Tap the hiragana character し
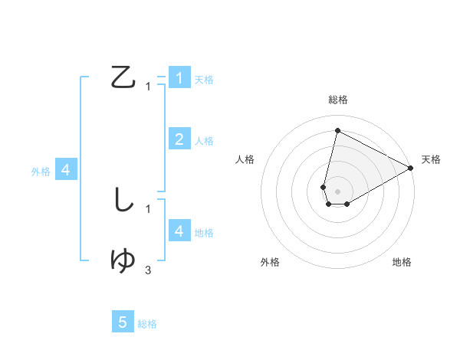click(x=123, y=200)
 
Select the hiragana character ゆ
click(x=123, y=260)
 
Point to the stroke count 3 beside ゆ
click(x=148, y=270)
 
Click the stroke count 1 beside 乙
click(x=148, y=87)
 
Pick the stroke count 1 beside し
click(x=148, y=208)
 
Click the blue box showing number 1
click(x=179, y=77)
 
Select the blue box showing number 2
click(x=179, y=139)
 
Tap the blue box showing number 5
click(x=123, y=322)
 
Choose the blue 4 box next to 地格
click(x=179, y=231)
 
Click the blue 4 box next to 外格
click(x=66, y=169)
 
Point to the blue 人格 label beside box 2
click(x=204, y=141)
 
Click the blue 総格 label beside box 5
click(x=147, y=324)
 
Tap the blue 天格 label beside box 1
click(x=204, y=80)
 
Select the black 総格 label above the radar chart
click(x=338, y=100)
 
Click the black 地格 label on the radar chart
click(x=402, y=262)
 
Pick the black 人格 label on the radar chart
click(x=245, y=159)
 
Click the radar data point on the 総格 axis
click(x=337, y=130)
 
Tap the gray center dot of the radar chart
click(x=337, y=191)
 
